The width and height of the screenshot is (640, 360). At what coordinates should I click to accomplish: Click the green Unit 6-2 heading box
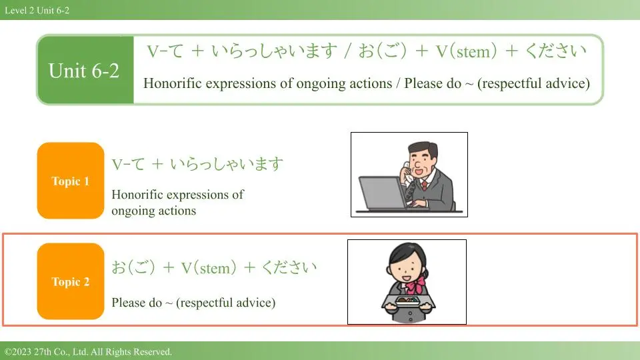point(85,70)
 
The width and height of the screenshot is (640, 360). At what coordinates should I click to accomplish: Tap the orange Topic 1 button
point(71,181)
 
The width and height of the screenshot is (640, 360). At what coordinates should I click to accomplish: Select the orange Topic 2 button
point(71,281)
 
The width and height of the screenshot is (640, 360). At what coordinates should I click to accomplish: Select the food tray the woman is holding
point(407,301)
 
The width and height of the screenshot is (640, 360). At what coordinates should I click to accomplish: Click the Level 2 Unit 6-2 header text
point(37,10)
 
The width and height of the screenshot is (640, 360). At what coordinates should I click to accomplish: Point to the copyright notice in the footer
point(88,351)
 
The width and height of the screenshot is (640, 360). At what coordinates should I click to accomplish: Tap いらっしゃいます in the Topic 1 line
point(226,164)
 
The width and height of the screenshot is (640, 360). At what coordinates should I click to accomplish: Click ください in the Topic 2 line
point(289,267)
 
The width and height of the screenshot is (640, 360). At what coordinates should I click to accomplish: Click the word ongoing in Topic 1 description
point(131,211)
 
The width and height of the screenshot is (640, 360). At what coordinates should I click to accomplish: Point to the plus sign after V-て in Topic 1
point(157,164)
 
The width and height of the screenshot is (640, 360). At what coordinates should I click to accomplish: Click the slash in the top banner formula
point(348,51)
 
